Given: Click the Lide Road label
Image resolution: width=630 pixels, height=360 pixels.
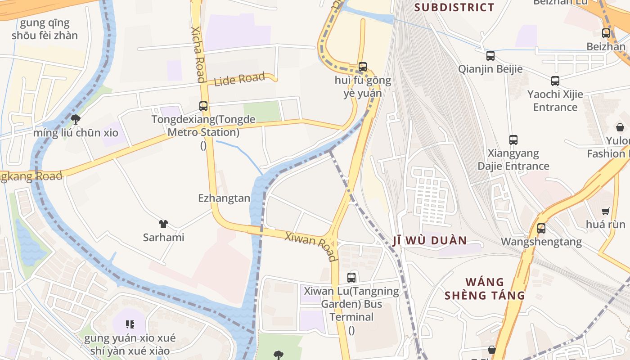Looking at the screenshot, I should [x=239, y=80].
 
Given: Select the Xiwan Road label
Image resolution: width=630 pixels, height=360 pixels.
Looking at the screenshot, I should [x=310, y=246].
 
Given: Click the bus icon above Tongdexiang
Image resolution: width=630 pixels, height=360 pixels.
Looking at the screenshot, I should [x=203, y=106].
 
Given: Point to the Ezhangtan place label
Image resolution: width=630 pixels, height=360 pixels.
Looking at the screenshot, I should [x=224, y=198].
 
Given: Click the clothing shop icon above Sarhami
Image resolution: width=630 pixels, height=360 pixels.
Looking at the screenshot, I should [x=163, y=224].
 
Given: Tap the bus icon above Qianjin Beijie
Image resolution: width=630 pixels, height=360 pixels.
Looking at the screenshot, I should [x=490, y=56].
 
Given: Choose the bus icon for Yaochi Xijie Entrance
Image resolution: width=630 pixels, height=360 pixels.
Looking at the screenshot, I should [x=555, y=81].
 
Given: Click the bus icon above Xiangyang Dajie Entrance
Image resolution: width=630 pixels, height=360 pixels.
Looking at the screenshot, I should [x=513, y=140].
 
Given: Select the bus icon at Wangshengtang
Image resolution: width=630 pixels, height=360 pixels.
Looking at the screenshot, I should [x=541, y=228].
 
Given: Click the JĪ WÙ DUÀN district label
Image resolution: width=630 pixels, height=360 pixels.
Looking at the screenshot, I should [x=430, y=240].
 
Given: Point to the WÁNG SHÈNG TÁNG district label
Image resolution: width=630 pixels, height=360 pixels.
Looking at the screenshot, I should [x=485, y=289].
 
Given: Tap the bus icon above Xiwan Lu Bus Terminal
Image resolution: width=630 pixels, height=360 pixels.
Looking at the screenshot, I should [x=351, y=278].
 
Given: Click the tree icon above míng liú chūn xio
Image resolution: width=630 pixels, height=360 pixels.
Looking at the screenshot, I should [x=76, y=119].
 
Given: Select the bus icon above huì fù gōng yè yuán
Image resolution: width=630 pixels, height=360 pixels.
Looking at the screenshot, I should [x=363, y=67].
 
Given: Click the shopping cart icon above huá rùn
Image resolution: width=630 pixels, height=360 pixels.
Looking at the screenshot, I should [x=606, y=211].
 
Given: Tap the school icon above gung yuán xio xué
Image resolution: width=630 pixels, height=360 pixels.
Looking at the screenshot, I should [x=130, y=324].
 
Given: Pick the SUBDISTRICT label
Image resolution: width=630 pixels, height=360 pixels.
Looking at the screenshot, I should [x=454, y=7].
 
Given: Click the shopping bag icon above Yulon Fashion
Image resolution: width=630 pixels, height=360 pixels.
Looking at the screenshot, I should [x=620, y=127].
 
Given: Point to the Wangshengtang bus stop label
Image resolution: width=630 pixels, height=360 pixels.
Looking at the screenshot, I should [x=541, y=242].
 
